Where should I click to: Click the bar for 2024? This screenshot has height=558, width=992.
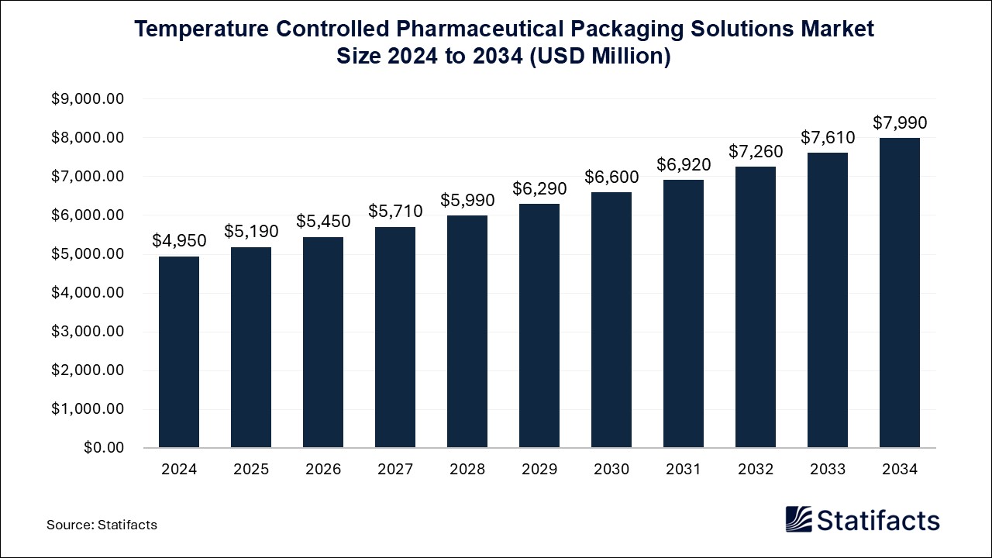[x=179, y=352]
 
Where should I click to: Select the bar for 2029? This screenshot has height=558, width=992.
[x=539, y=325]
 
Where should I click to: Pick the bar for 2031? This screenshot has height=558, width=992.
[x=684, y=314]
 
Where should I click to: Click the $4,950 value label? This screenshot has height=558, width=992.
[x=179, y=241]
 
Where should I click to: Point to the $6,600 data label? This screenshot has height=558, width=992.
[x=611, y=177]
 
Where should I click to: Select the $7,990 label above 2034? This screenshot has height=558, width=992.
[x=900, y=122]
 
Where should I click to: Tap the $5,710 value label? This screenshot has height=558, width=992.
[x=395, y=212]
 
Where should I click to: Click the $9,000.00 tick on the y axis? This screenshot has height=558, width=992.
[x=87, y=99]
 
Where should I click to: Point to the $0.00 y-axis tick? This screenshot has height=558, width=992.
[x=103, y=448]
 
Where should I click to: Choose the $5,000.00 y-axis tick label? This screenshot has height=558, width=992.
[x=87, y=254]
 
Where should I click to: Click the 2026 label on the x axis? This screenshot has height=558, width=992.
[x=323, y=470]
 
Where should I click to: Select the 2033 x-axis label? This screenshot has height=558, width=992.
[x=828, y=470]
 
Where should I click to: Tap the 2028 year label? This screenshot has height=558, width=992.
[x=467, y=470]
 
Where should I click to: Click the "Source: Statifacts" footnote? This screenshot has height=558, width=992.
[x=102, y=525]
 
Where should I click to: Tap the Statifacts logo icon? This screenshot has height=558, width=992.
[x=798, y=519]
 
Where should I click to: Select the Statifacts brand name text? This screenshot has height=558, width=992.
[x=878, y=520]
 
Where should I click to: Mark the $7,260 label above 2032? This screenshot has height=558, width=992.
[x=756, y=151]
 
